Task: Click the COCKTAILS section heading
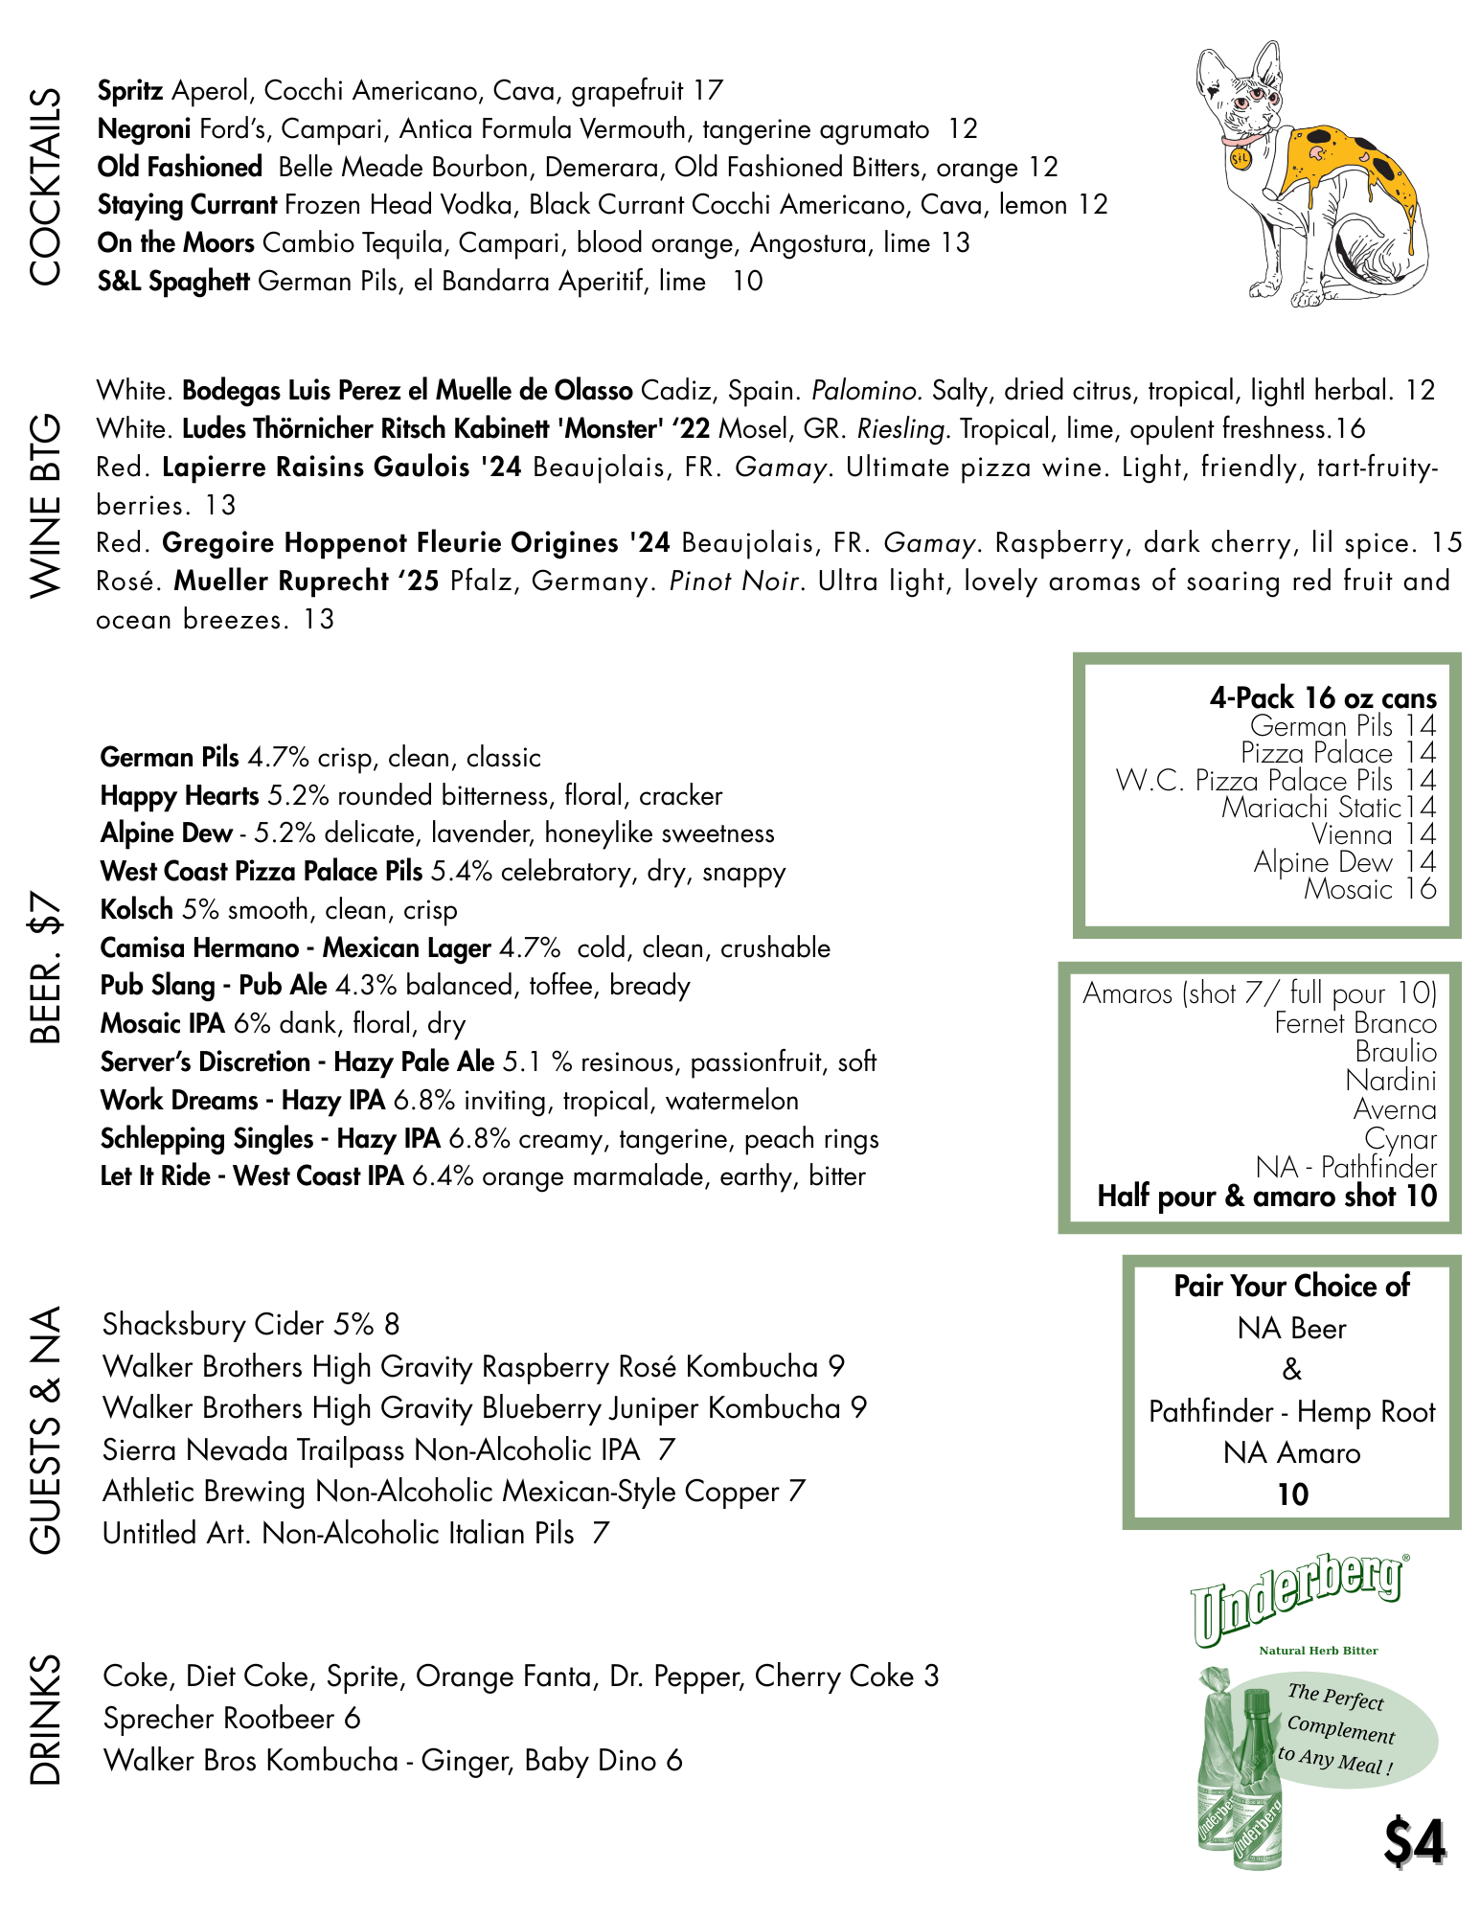pyautogui.click(x=45, y=186)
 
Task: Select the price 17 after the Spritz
pyautogui.click(x=708, y=91)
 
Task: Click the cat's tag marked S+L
pyautogui.click(x=1240, y=158)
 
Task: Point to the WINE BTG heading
pyautogui.click(x=45, y=506)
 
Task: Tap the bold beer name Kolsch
pyautogui.click(x=137, y=910)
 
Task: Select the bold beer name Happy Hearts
pyautogui.click(x=180, y=796)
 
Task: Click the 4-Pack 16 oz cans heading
pyautogui.click(x=1322, y=697)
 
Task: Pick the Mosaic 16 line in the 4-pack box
pyautogui.click(x=1369, y=890)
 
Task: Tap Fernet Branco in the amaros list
pyautogui.click(x=1355, y=1023)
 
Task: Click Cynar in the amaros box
pyautogui.click(x=1400, y=1139)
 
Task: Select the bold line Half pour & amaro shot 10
pyautogui.click(x=1266, y=1197)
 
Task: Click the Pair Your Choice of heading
pyautogui.click(x=1291, y=1286)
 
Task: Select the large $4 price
pyautogui.click(x=1414, y=1841)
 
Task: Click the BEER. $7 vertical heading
pyautogui.click(x=45, y=968)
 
